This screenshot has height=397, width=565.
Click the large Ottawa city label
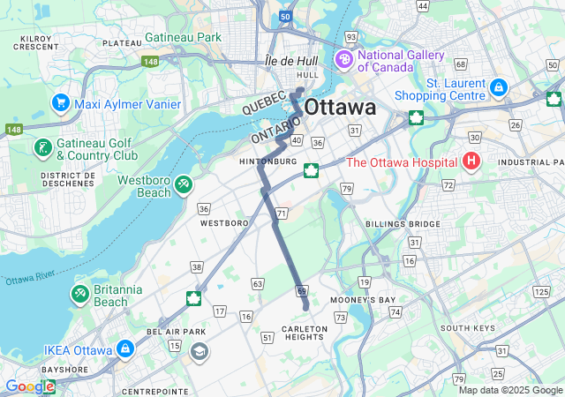(x=340, y=108)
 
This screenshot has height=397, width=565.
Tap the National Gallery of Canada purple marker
(x=343, y=60)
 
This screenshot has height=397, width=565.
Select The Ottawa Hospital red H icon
(x=471, y=161)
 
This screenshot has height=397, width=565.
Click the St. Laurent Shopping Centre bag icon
(x=499, y=88)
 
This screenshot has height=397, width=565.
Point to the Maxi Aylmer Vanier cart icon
(x=60, y=103)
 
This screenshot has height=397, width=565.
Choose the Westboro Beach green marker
(x=184, y=184)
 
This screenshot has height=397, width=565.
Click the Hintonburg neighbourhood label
(x=267, y=162)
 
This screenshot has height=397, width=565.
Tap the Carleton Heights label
(x=305, y=333)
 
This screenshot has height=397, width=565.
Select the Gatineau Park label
(x=185, y=37)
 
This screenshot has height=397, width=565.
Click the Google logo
(x=28, y=386)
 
